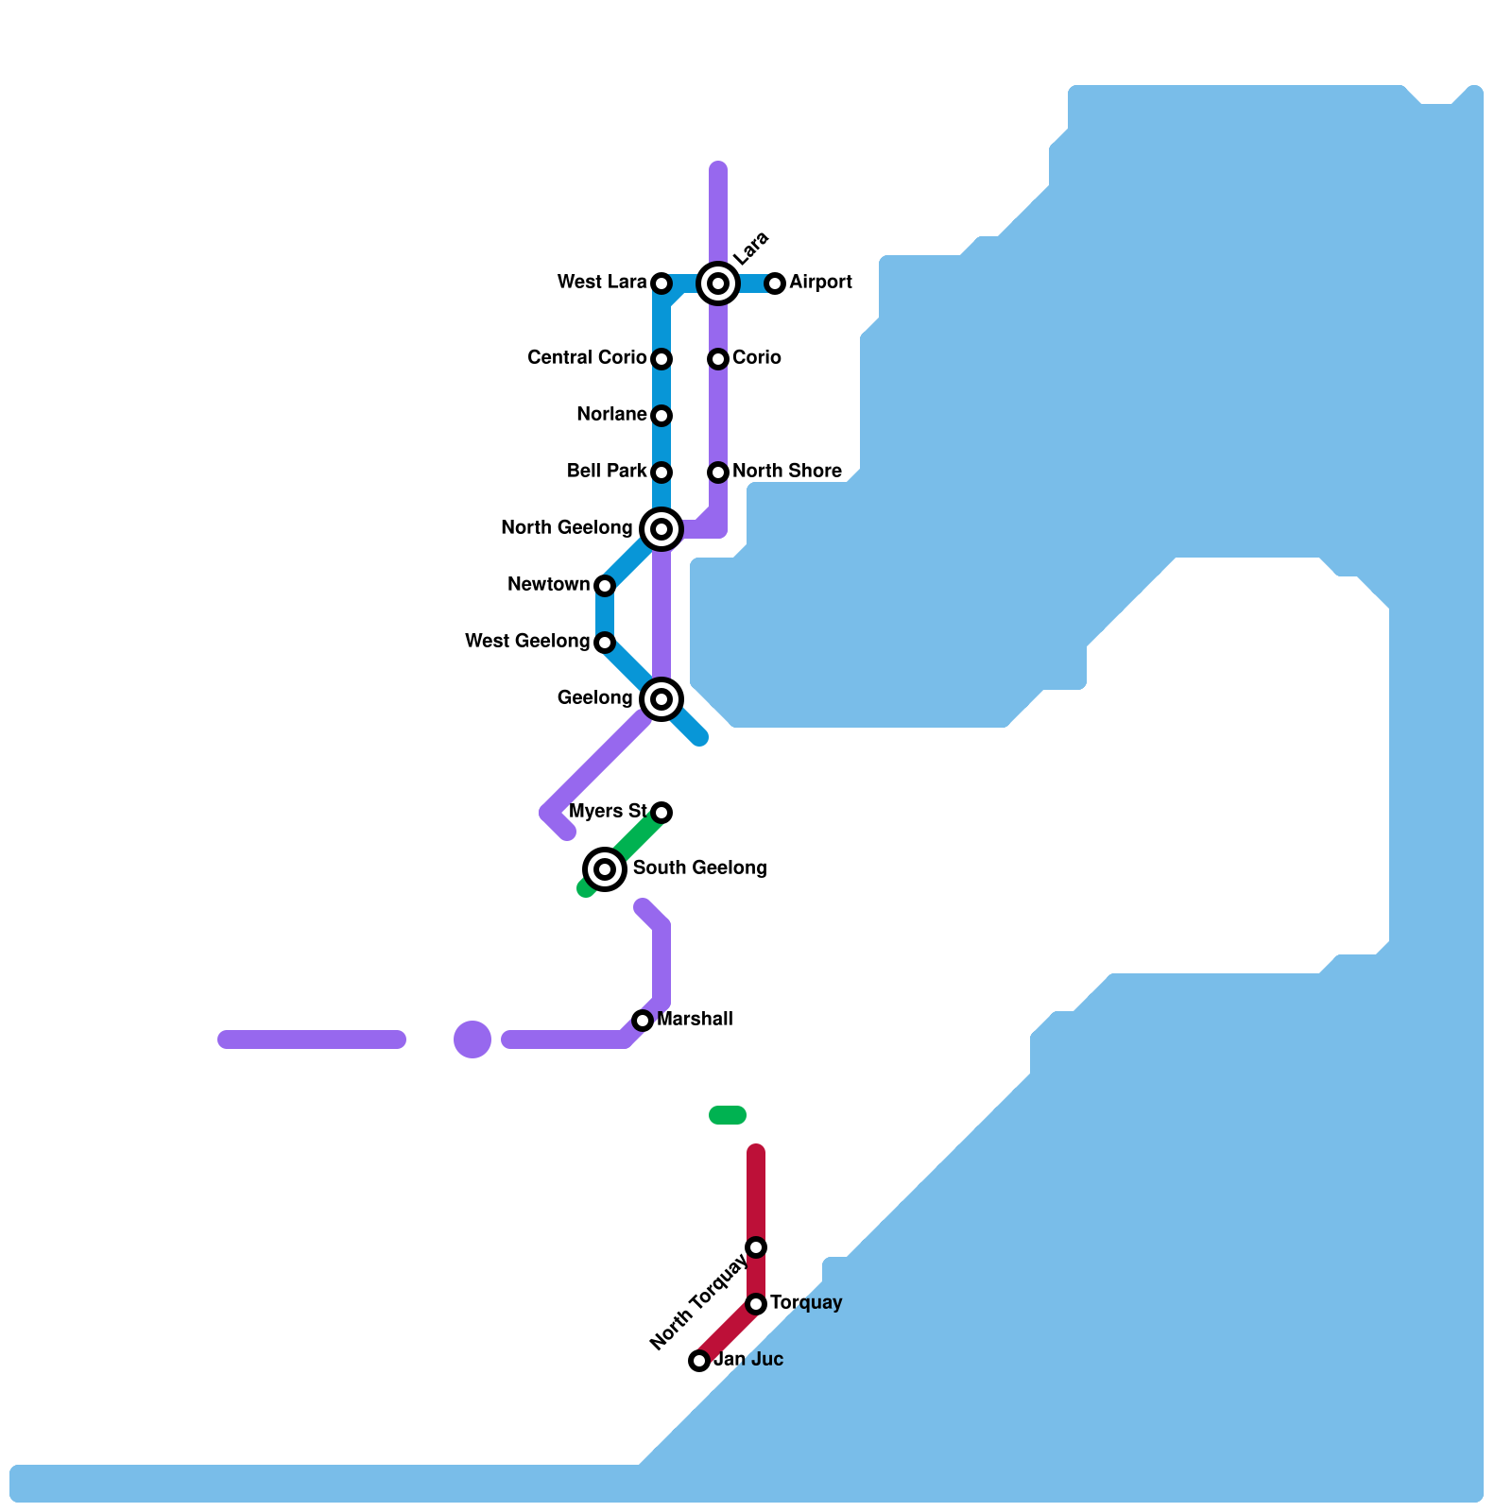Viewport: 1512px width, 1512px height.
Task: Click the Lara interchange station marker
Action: pyautogui.click(x=718, y=283)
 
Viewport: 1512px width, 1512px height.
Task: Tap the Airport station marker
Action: pyautogui.click(x=775, y=283)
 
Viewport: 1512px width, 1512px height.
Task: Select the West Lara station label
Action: pyautogui.click(x=601, y=283)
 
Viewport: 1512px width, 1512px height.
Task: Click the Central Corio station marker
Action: pyautogui.click(x=661, y=359)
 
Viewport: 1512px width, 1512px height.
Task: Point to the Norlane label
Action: pyautogui.click(x=611, y=415)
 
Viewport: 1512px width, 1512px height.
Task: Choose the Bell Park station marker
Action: pyautogui.click(x=661, y=472)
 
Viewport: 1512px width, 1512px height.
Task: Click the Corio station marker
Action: pyautogui.click(x=718, y=359)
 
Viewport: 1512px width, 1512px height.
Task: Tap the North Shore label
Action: pyautogui.click(x=786, y=472)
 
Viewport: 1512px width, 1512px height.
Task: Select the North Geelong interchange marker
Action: pyautogui.click(x=661, y=529)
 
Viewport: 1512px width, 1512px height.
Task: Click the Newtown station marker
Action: pyautogui.click(x=605, y=586)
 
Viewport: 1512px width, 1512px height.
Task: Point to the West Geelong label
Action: pyautogui.click(x=526, y=642)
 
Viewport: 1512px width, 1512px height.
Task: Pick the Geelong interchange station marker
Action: pyautogui.click(x=661, y=699)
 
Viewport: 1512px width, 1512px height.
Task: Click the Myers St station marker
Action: pyautogui.click(x=661, y=813)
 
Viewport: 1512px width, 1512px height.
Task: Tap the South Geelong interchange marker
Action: pyautogui.click(x=605, y=869)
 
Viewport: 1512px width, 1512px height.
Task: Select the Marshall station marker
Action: pyautogui.click(x=643, y=1021)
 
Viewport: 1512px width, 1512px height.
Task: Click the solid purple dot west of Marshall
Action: pyautogui.click(x=472, y=1039)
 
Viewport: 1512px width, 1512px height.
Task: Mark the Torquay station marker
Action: pyautogui.click(x=756, y=1304)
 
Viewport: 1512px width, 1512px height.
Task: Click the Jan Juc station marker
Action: pyautogui.click(x=699, y=1361)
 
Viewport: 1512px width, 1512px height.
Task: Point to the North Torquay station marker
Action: pyautogui.click(x=756, y=1247)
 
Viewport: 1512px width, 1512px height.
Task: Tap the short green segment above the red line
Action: pyautogui.click(x=728, y=1115)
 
